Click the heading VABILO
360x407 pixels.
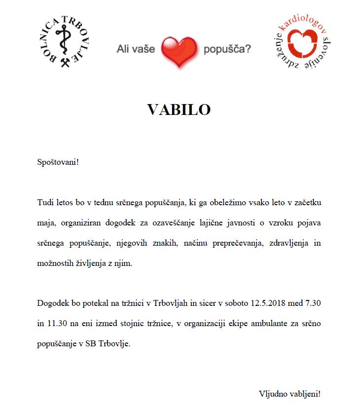179,110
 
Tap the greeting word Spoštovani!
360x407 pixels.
58,162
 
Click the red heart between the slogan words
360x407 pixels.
179,52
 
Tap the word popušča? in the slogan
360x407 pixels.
227,49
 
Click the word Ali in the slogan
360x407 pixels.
123,49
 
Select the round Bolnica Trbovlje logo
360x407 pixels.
66,42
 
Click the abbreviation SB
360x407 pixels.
91,344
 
